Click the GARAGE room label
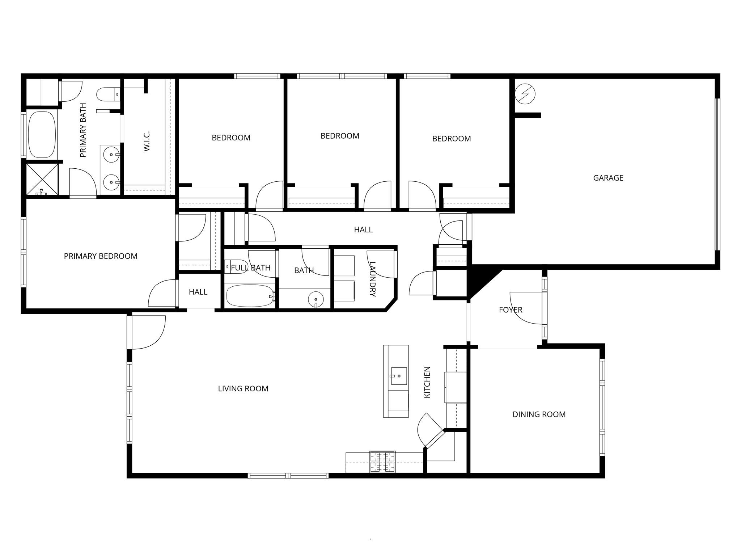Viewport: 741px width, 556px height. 608,178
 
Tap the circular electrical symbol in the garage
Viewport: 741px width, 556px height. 525,94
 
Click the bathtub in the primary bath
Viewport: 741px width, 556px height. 42,134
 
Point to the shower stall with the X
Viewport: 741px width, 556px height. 42,180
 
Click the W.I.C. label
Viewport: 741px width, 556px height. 147,141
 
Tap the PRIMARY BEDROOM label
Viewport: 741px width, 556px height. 101,256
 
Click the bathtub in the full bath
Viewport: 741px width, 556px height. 250,296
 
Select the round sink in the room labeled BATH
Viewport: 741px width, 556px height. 316,299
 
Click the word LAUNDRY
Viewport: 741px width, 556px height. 372,279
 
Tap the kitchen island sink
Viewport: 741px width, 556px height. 398,376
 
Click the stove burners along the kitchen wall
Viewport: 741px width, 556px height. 382,462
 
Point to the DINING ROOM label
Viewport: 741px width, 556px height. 539,414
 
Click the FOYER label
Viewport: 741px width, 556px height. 510,310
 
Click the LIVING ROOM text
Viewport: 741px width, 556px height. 243,389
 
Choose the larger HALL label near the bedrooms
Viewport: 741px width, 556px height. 363,229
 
